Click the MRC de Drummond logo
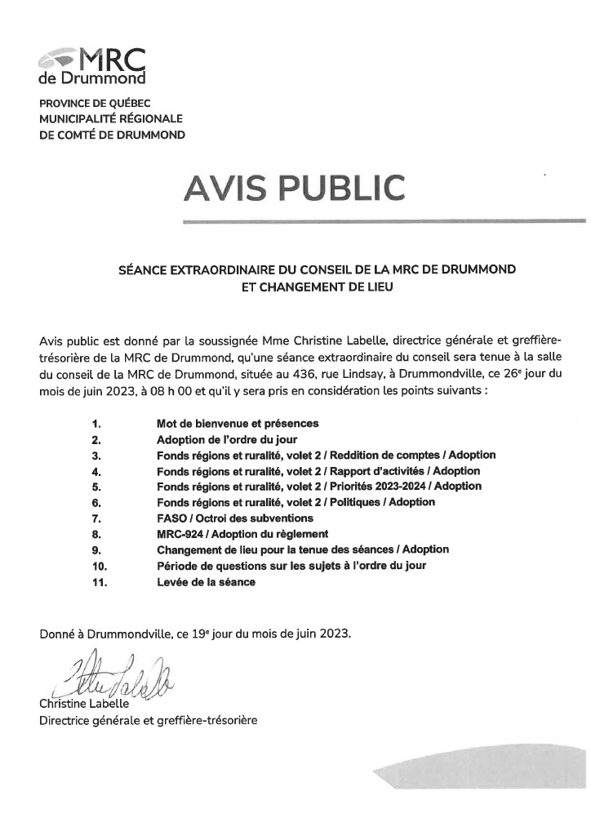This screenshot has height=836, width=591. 92,65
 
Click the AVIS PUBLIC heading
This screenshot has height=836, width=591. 295,188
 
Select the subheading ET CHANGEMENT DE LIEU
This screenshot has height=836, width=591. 317,286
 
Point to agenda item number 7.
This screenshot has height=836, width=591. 96,518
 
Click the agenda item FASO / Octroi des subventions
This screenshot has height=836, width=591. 235,518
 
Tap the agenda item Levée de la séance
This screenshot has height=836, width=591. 206,582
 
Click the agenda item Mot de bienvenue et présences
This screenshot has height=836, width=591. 238,424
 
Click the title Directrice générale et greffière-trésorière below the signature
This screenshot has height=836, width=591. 149,720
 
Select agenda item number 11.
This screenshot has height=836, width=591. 99,582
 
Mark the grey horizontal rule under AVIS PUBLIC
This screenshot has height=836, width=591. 384,220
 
